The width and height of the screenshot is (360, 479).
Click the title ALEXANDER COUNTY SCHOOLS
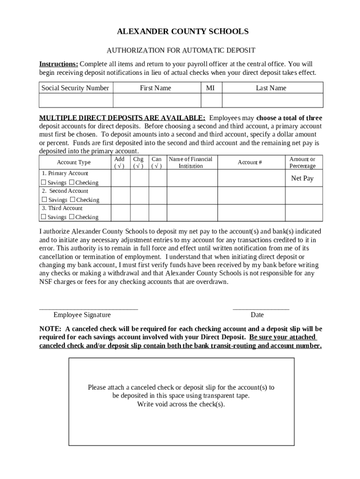point(182,32)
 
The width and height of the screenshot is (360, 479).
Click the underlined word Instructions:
point(58,64)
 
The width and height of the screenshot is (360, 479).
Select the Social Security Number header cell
point(75,88)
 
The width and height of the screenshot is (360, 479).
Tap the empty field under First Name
point(156,101)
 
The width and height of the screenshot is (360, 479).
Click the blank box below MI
point(211,101)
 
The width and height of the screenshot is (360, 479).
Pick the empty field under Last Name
point(272,101)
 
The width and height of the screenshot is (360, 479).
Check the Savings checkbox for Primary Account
point(43,182)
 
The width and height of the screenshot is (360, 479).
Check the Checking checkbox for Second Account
point(72,200)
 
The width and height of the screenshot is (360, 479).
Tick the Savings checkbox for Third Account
point(43,217)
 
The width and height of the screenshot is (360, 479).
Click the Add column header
point(120,162)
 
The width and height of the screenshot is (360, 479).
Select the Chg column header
point(138,162)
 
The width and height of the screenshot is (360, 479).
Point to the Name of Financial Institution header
point(191,162)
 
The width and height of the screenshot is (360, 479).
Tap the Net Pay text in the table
point(302,178)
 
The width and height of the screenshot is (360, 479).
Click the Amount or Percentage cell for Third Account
point(303,213)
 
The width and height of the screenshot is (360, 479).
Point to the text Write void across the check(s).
point(181,405)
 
